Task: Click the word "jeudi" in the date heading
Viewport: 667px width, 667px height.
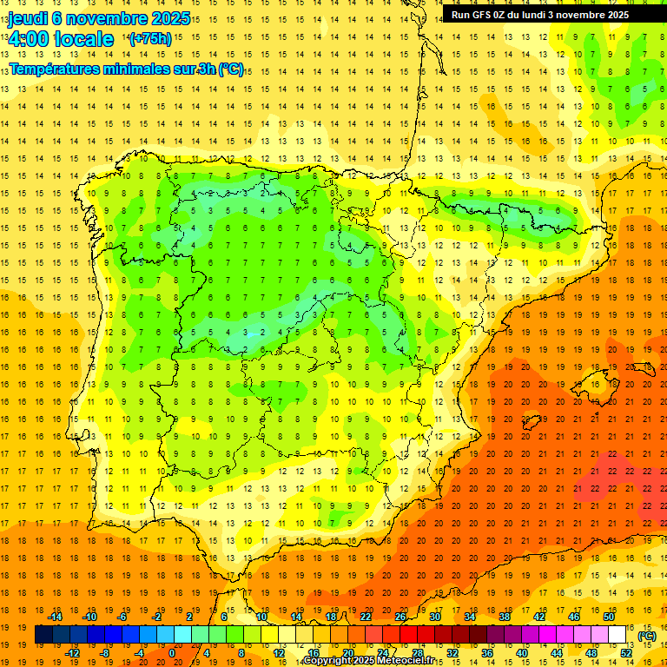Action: click(28, 18)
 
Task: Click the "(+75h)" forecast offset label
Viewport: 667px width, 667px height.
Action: click(149, 39)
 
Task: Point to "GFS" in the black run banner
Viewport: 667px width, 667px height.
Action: click(485, 15)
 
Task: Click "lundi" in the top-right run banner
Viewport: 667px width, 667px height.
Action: click(539, 15)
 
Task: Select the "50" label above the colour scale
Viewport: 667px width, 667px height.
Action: click(608, 617)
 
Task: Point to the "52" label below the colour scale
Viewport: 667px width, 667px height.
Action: click(625, 653)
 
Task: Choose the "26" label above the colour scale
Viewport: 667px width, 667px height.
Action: click(400, 617)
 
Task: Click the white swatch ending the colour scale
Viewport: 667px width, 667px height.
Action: click(617, 635)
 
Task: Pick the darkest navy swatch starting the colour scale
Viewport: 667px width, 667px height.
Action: click(43, 635)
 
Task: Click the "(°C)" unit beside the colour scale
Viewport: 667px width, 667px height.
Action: click(647, 636)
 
